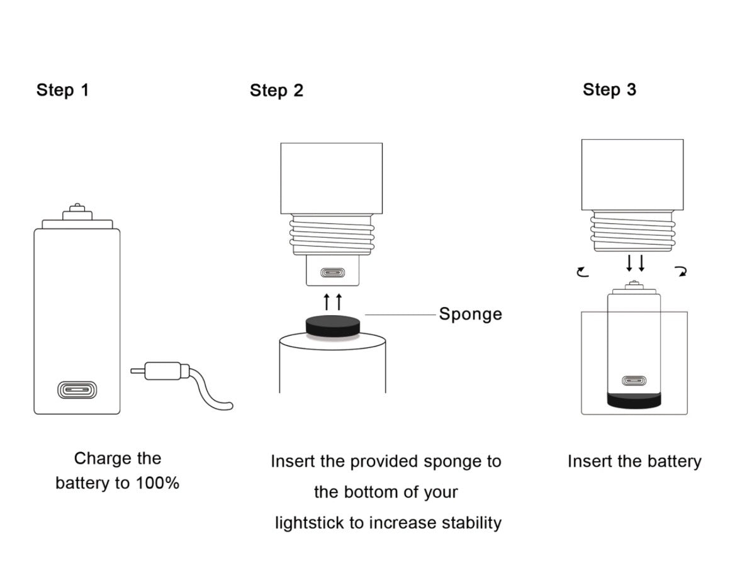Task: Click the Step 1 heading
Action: tap(62, 90)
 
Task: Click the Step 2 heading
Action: tap(276, 91)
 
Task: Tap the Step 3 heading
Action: tap(609, 89)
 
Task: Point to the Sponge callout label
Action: tap(470, 314)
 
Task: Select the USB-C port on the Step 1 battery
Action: tap(77, 390)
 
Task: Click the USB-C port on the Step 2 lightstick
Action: tap(332, 273)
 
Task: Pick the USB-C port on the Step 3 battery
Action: tap(634, 381)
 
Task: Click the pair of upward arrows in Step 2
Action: tap(333, 301)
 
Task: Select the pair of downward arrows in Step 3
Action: tap(635, 263)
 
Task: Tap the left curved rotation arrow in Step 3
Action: tap(583, 272)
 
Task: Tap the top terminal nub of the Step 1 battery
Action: tap(77, 209)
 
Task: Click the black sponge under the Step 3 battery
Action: tap(634, 401)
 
